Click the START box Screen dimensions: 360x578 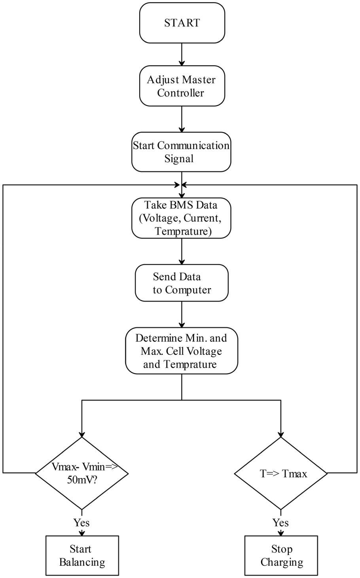(x=182, y=23)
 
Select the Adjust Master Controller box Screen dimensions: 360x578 (x=182, y=86)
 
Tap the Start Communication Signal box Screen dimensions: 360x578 (x=181, y=152)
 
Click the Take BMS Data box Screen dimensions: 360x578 (x=181, y=218)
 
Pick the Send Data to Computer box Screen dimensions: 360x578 (x=182, y=283)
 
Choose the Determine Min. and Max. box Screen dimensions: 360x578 (x=182, y=351)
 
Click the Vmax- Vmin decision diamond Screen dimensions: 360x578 (x=82, y=474)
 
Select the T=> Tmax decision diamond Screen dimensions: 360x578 (x=281, y=474)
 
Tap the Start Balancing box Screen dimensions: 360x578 (x=82, y=555)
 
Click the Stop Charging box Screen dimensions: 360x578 (x=281, y=555)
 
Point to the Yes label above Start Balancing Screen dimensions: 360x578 (x=81, y=523)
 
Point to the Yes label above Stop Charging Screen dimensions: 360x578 (x=280, y=523)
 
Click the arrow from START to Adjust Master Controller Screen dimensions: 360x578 (x=182, y=55)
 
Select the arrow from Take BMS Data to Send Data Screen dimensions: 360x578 (x=182, y=251)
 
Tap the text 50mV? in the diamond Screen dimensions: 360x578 (x=82, y=479)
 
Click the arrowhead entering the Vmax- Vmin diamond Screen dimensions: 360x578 (x=82, y=434)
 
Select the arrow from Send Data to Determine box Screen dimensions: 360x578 (x=182, y=315)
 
